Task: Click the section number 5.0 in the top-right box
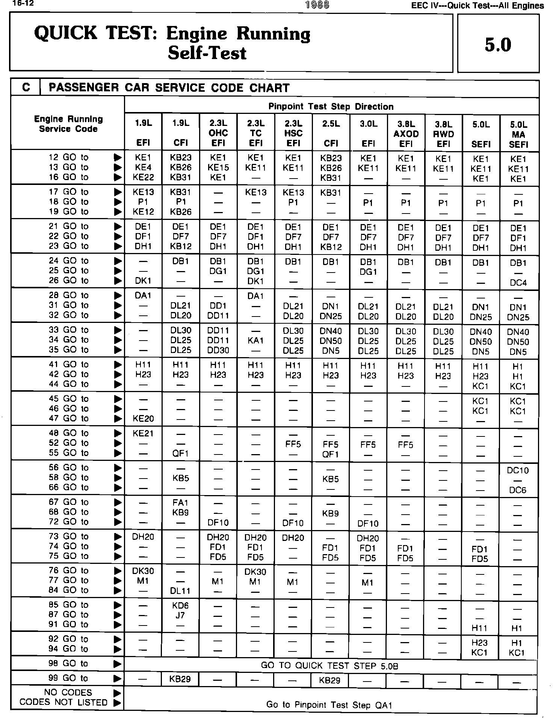coord(498,45)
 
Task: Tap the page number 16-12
coord(15,4)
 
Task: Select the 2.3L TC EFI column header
coord(255,133)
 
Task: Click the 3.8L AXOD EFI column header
coord(406,133)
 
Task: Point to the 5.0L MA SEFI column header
coord(518,134)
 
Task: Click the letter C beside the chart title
coord(26,88)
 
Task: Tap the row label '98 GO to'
coord(68,663)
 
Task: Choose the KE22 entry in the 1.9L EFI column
coord(143,177)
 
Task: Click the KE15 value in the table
coord(218,168)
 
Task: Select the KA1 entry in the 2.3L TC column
coord(255,341)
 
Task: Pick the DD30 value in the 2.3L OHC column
coord(218,350)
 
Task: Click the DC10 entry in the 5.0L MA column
coord(518,470)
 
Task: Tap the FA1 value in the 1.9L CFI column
coord(180,502)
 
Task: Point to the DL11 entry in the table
coord(180,591)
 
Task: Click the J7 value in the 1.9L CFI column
coord(180,615)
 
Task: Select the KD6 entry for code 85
coord(180,606)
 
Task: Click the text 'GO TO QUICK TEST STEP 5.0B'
coord(329,666)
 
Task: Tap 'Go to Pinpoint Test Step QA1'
coord(329,705)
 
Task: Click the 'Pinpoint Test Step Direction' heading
coord(331,107)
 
